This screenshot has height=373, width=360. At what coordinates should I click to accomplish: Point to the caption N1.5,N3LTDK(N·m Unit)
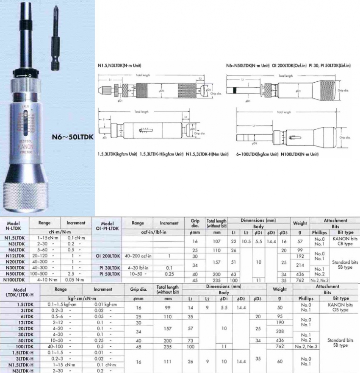click(116, 66)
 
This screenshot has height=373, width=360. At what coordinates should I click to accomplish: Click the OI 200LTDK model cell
click(107, 256)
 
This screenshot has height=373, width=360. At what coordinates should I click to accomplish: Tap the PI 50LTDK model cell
click(107, 275)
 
